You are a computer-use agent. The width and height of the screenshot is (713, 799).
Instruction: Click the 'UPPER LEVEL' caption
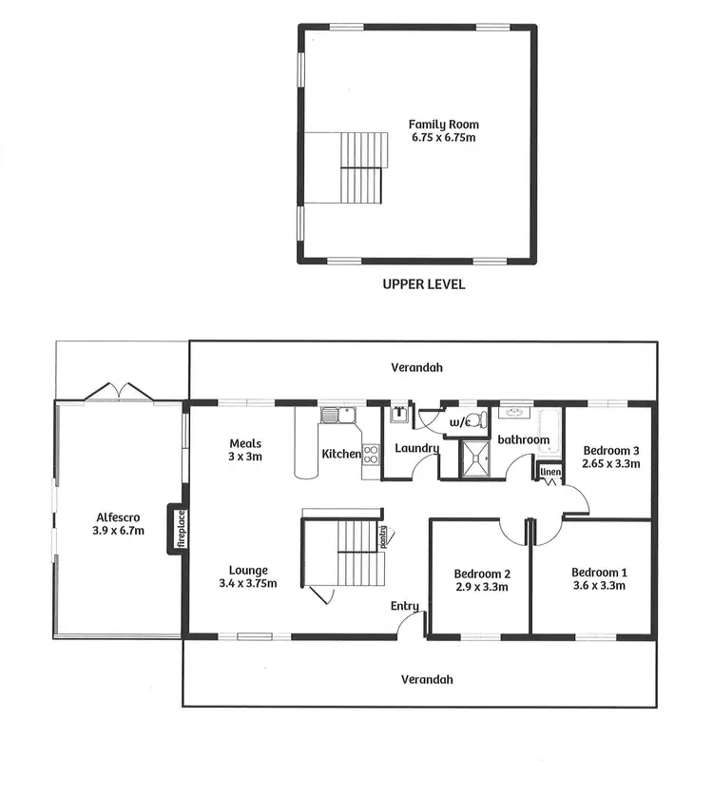pos(423,283)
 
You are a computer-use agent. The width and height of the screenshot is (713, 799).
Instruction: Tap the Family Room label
pos(443,125)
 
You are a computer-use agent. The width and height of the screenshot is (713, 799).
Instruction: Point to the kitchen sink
pos(336,414)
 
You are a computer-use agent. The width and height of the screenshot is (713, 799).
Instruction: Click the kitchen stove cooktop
pos(370,455)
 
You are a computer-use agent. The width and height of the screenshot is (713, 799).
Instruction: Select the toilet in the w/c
pos(480,419)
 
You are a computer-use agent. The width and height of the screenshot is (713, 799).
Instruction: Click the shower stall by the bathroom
pos(476,458)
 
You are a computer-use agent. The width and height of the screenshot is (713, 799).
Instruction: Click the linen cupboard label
pos(549,471)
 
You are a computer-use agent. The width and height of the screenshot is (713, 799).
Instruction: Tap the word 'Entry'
pos(405,606)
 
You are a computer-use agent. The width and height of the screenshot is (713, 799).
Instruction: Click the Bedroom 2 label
pos(482,574)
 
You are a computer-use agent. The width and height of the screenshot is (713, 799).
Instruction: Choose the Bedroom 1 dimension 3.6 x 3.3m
pos(599,586)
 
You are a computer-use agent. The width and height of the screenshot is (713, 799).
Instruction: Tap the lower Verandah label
pos(426,679)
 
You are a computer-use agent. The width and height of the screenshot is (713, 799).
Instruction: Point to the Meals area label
pos(245,443)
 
